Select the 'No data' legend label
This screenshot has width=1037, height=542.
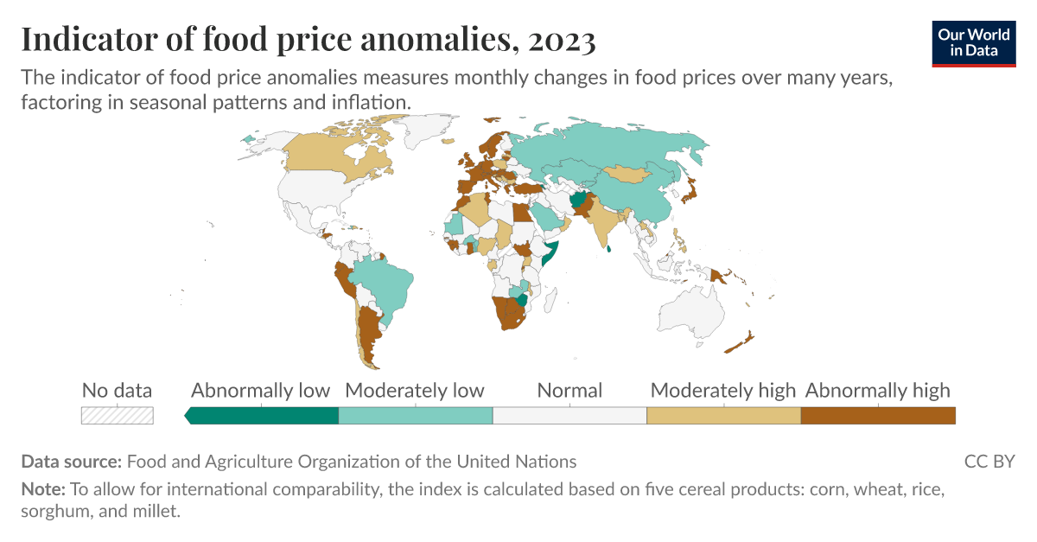pyautogui.click(x=117, y=390)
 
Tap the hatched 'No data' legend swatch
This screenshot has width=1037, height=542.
pyautogui.click(x=117, y=415)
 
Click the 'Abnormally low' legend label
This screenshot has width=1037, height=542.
pyautogui.click(x=260, y=390)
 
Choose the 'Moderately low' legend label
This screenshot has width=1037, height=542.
pyautogui.click(x=415, y=390)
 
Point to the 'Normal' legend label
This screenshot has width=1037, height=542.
pyautogui.click(x=569, y=390)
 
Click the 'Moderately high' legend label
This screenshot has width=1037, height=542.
pyautogui.click(x=723, y=390)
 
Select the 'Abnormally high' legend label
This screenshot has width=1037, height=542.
pyautogui.click(x=877, y=390)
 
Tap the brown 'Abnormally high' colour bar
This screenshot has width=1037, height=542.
pyautogui.click(x=878, y=415)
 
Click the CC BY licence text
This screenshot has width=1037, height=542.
pyautogui.click(x=989, y=461)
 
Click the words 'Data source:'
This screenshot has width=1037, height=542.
pyautogui.click(x=72, y=461)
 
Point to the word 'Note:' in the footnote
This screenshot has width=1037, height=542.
pyautogui.click(x=42, y=489)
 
